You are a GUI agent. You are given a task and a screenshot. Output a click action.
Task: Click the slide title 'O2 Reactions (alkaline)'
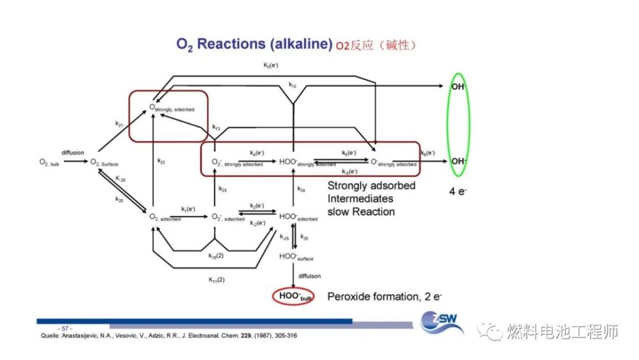pos(254,44)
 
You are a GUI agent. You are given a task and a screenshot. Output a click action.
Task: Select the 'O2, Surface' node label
pos(104,162)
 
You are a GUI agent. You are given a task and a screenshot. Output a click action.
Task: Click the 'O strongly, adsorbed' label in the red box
pos(171,109)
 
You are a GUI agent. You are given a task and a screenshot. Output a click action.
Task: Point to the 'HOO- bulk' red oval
pos(294,297)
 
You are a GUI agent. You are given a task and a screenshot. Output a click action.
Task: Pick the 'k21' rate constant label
pos(119,123)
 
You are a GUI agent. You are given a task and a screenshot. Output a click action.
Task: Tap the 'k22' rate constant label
pos(161,162)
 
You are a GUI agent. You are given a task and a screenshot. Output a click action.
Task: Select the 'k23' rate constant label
pos(222,189)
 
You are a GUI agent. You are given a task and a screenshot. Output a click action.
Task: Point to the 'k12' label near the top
pos(292,84)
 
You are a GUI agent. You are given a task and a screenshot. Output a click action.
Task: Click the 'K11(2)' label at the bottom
pos(216,279)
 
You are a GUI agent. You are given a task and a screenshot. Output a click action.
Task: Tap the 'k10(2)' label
pos(216,256)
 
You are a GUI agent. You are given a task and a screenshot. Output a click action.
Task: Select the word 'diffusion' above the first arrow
pos(73,153)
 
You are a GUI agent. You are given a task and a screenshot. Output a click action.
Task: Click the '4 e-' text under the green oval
pos(457,190)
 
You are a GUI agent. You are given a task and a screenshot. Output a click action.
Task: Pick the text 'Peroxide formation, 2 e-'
pos(385,297)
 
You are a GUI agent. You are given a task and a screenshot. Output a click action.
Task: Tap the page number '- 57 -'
pos(66,328)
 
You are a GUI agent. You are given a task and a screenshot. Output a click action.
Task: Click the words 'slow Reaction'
pos(361,211)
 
